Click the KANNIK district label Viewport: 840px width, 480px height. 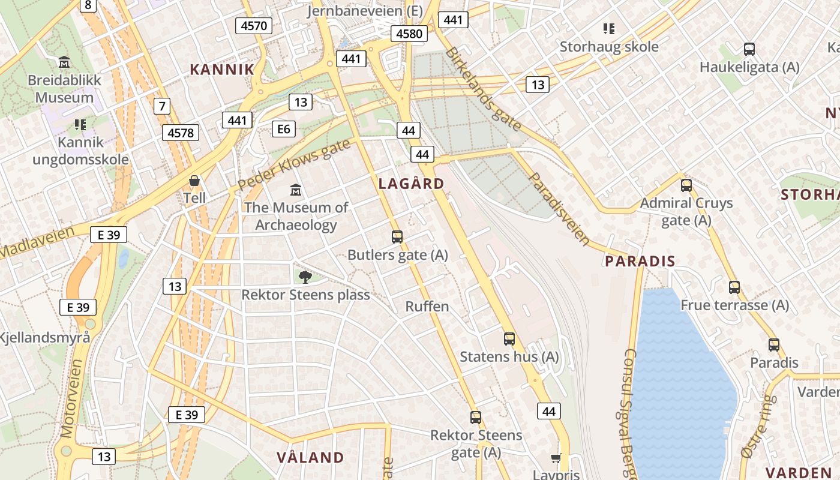(x=223, y=69)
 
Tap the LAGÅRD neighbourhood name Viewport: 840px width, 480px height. (x=412, y=184)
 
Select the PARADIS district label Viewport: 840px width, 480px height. (x=640, y=261)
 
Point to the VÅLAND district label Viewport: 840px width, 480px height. (x=310, y=457)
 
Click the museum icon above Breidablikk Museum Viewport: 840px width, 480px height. (x=64, y=62)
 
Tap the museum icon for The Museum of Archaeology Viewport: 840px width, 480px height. (x=296, y=190)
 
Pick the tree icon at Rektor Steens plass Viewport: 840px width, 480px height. (x=305, y=277)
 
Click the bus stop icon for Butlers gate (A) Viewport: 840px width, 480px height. (x=397, y=237)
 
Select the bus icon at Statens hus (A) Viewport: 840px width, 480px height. (x=509, y=339)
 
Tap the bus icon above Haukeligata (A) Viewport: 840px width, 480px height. (x=749, y=49)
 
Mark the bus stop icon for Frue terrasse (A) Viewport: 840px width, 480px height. (x=734, y=287)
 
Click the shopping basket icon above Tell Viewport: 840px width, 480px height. (x=194, y=181)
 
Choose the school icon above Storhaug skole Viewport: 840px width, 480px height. (x=609, y=29)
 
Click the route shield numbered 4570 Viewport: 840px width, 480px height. (x=254, y=25)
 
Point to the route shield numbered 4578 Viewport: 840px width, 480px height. (x=181, y=132)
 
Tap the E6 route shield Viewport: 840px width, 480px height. (x=283, y=128)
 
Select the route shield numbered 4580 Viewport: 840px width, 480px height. (x=409, y=34)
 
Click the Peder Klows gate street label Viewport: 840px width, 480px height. (x=293, y=165)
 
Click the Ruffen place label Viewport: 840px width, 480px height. (x=427, y=307)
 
